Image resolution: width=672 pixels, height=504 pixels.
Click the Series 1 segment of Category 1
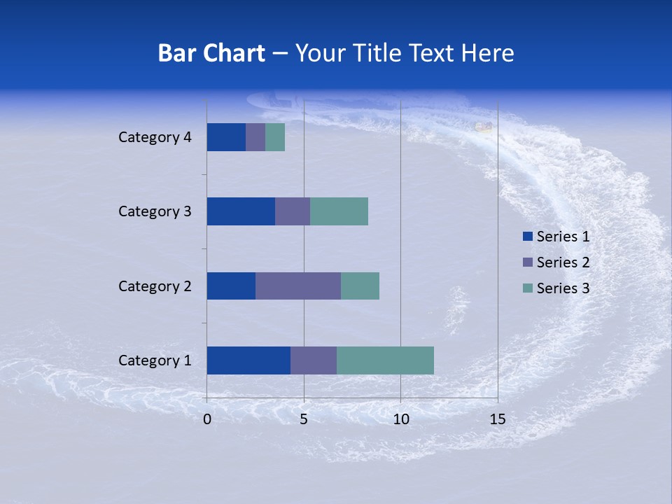coord(248,360)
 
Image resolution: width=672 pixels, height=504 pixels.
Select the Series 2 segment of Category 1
coord(314,360)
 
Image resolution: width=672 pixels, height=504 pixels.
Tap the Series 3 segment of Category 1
coord(385,360)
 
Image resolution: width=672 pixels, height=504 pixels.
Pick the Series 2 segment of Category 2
coord(298,286)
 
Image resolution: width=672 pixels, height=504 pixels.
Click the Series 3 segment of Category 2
coord(360,286)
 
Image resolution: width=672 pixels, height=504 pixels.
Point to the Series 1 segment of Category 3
coord(241,211)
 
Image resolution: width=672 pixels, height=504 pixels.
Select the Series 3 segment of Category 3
coord(339,211)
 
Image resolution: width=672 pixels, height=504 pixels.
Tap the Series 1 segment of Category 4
coord(226,137)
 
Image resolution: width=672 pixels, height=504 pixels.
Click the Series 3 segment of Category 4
coord(275,137)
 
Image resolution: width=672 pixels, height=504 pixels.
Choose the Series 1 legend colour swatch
coord(528,237)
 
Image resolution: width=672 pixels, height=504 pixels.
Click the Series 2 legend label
coord(563,262)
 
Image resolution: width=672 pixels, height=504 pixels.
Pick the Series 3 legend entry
coord(556,288)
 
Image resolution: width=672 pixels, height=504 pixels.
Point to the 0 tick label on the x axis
coord(207,419)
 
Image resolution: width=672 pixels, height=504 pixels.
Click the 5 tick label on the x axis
coord(304,419)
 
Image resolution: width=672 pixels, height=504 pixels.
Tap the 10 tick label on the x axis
coord(400,419)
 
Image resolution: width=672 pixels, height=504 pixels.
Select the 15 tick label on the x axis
coord(497,419)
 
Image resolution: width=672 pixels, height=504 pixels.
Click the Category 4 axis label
coord(155,137)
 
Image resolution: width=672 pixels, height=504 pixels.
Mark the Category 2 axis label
coord(155,286)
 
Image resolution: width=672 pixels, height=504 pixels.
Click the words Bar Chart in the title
coord(211,53)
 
